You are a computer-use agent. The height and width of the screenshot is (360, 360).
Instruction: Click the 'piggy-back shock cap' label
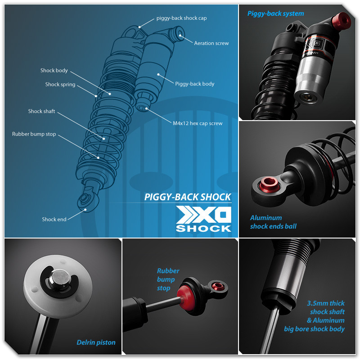[x=181, y=18]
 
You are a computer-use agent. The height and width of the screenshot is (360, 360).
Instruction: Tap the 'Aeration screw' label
[x=211, y=43]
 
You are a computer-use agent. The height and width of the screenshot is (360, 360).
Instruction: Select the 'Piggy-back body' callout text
[x=194, y=84]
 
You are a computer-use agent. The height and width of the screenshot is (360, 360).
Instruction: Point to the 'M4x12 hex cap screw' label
[x=198, y=123]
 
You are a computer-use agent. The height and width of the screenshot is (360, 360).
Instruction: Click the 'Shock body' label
[x=54, y=71]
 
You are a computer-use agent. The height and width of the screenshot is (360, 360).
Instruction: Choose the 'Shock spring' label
[x=60, y=85]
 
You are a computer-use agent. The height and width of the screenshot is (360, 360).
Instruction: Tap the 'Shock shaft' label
[x=41, y=111]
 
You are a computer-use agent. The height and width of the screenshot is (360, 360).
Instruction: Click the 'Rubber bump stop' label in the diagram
[x=34, y=134]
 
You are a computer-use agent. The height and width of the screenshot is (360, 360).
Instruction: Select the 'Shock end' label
[x=54, y=219]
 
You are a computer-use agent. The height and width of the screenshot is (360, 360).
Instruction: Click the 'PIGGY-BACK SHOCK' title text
[x=188, y=197]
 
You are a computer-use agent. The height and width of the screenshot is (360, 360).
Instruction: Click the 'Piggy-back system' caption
[x=275, y=13]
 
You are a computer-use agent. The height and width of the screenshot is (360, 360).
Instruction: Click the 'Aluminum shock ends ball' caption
[x=273, y=222]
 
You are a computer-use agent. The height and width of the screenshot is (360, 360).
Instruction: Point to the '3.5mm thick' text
[x=326, y=303]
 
